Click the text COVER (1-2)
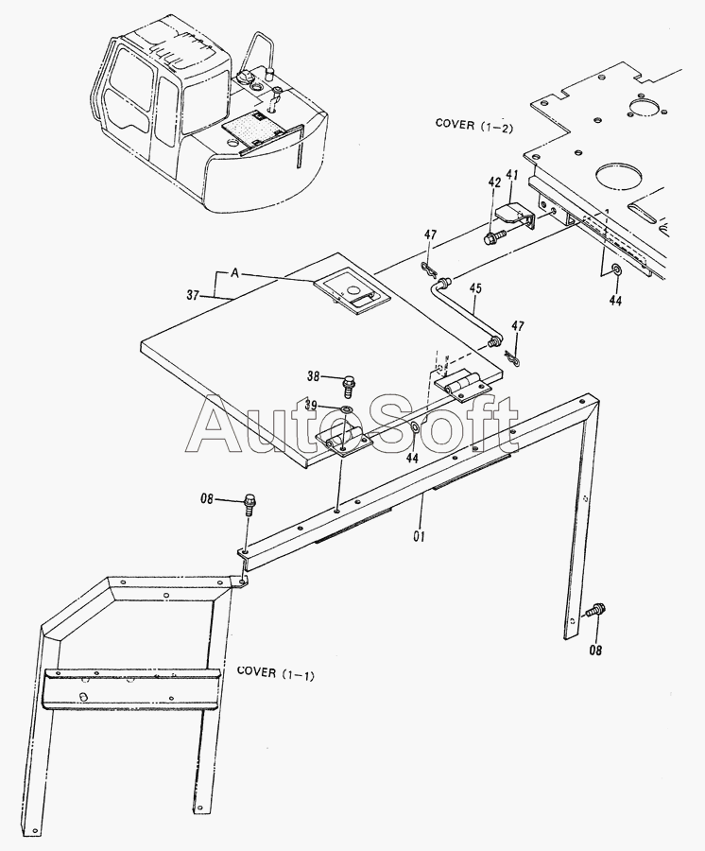point(469,123)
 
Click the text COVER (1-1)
point(276,672)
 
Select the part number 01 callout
point(419,536)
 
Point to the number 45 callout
point(475,289)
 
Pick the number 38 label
point(314,375)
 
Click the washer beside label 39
point(347,409)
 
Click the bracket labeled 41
point(518,217)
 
